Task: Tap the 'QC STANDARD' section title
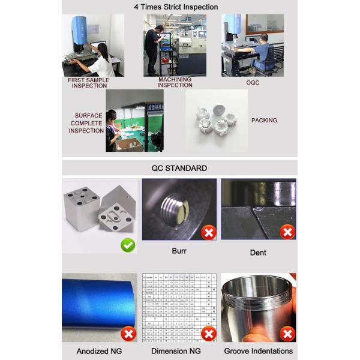coord(179,168)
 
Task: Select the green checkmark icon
coord(128,245)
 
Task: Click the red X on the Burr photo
coord(208,232)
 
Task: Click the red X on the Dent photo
coord(287,232)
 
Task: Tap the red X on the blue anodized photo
coord(128,334)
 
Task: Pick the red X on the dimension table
coord(208,334)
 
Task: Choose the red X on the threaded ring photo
coord(287,334)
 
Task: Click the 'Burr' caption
coord(179,251)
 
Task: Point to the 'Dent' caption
coord(258,253)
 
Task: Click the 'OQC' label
coord(253,83)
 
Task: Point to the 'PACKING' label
coord(264,121)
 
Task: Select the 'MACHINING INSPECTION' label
coord(175,82)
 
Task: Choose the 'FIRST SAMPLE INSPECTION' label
coord(89,82)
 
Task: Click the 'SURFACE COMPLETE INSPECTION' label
coord(86,123)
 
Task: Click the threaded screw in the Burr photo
coord(176,209)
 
